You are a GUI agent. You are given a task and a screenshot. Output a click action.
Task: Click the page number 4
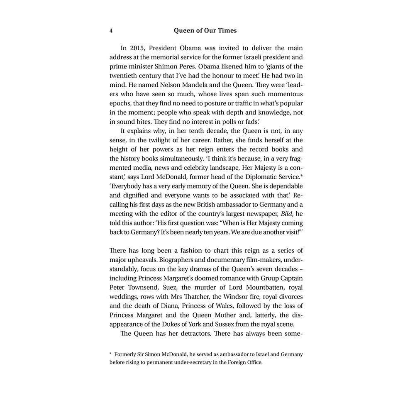coord(111,31)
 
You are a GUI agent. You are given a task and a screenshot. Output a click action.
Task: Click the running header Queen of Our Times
coord(205,31)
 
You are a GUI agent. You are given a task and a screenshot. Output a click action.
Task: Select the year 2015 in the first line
coord(136,49)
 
